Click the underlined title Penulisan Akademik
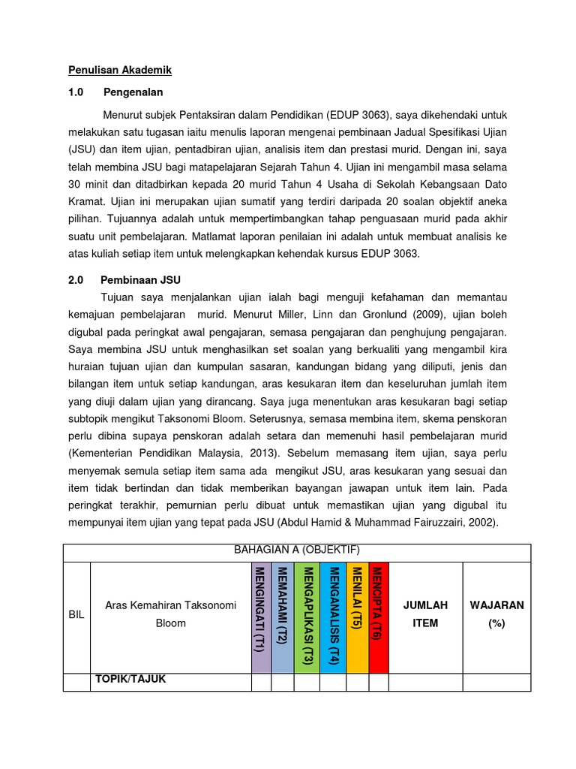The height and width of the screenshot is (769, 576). pos(120,70)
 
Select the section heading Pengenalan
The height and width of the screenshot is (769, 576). pos(133,92)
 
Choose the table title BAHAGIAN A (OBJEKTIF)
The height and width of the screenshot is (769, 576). pos(297,550)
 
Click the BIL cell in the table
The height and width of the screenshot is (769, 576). pos(76,614)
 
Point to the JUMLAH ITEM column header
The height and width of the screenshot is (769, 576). pos(425,614)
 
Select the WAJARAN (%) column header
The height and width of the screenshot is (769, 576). pos(496,614)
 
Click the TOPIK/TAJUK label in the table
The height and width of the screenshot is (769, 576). pos(130,680)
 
